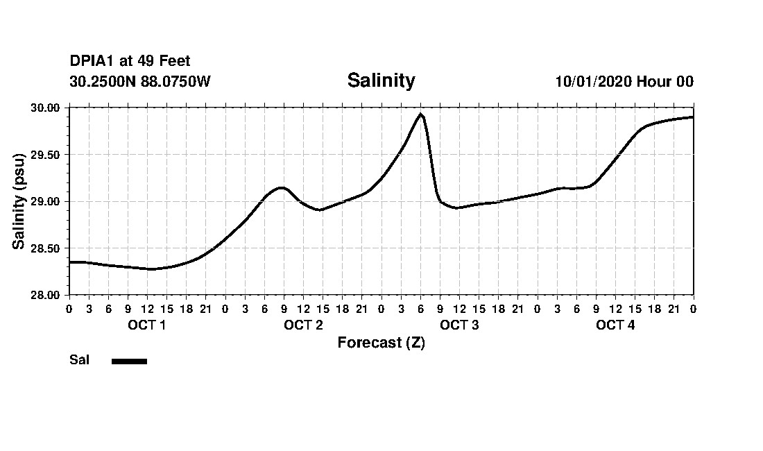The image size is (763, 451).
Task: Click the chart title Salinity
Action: [381, 80]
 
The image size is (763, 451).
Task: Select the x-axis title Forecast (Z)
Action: [381, 343]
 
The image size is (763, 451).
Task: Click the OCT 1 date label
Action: [146, 325]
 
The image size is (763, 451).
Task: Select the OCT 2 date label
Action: [303, 325]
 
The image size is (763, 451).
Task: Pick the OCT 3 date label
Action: [459, 325]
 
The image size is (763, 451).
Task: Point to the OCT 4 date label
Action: [615, 325]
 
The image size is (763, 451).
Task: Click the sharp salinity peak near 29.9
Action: [420, 114]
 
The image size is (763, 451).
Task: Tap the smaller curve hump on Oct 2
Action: [281, 187]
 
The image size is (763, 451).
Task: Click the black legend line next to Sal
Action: [129, 361]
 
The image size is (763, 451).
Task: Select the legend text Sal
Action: [80, 360]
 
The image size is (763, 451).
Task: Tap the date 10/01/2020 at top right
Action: [593, 81]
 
